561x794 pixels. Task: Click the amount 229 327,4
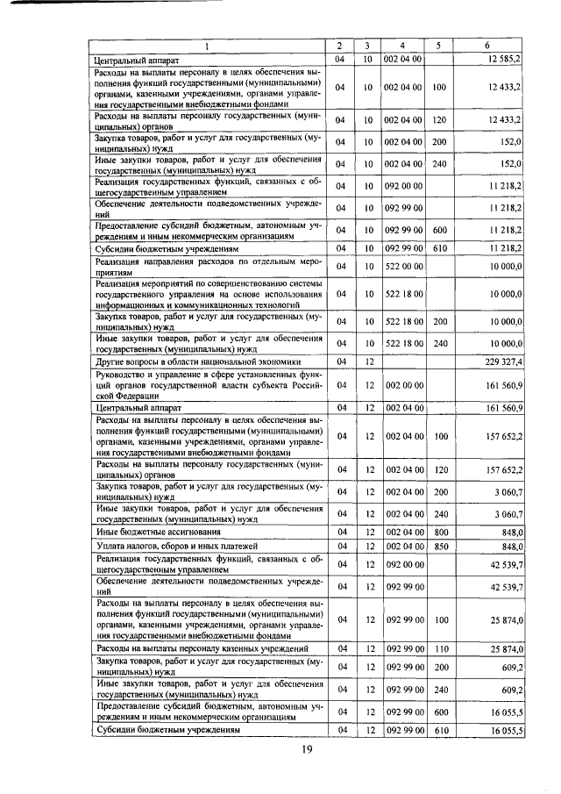(x=498, y=361)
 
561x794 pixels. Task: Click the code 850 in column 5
(x=440, y=546)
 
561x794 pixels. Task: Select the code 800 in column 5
(x=440, y=532)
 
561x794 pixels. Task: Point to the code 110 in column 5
(x=440, y=648)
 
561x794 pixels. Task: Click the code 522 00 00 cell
(x=403, y=266)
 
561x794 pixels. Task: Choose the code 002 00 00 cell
(x=403, y=384)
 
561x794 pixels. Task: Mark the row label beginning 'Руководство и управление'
(x=208, y=384)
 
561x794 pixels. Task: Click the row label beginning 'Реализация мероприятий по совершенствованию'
(x=208, y=295)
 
